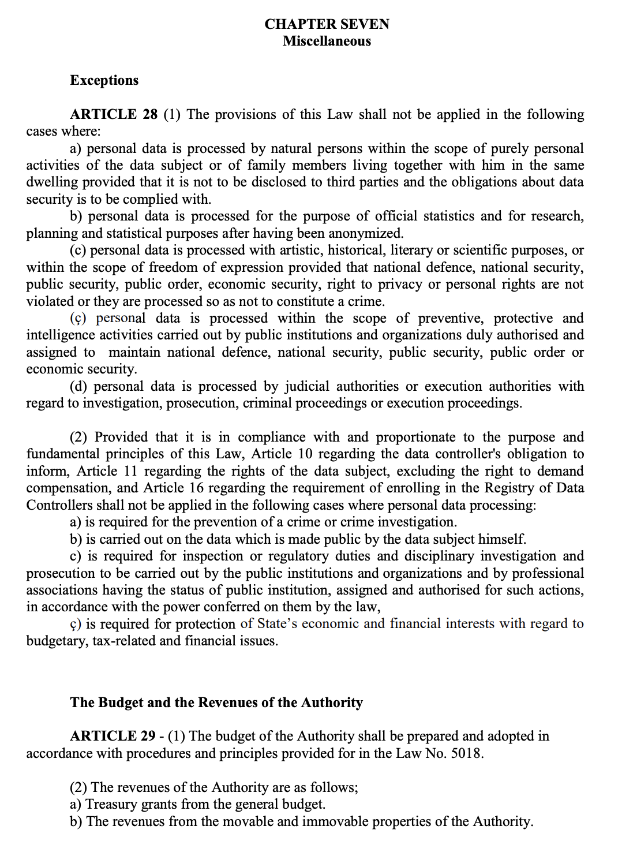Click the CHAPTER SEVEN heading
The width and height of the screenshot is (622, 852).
(x=327, y=24)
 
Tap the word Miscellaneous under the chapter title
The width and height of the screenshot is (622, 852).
(x=327, y=41)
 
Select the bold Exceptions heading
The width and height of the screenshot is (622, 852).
(x=104, y=80)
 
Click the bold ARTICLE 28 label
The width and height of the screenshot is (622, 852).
(x=114, y=114)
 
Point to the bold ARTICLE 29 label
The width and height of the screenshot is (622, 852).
(x=113, y=736)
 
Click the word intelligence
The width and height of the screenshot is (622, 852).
(x=62, y=335)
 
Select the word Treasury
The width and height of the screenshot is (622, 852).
(x=110, y=804)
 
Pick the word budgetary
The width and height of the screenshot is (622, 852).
(x=57, y=641)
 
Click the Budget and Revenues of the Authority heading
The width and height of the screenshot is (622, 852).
(x=216, y=702)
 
